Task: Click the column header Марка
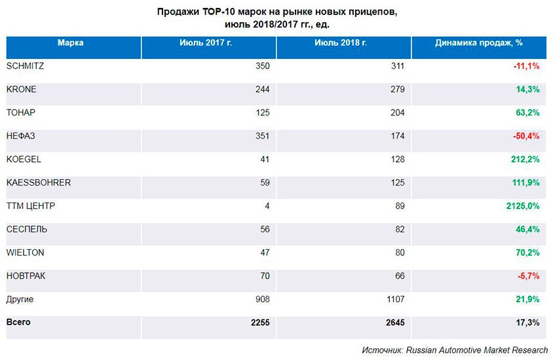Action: [x=71, y=43]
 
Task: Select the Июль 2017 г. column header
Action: [x=206, y=43]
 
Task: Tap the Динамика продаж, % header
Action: [x=478, y=43]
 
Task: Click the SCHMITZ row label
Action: [x=25, y=66]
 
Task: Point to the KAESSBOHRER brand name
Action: [x=38, y=183]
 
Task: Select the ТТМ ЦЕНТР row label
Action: [x=31, y=207]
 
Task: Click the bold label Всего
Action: [x=18, y=323]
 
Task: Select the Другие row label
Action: [x=20, y=300]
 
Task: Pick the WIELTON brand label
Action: [x=25, y=253]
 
